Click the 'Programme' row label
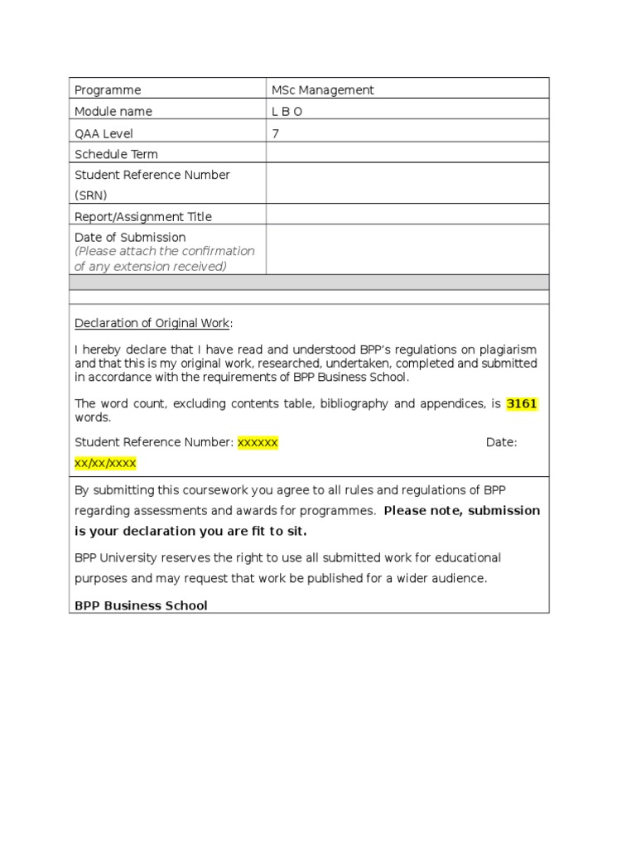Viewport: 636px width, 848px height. (108, 90)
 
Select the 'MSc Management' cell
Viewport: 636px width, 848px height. (323, 90)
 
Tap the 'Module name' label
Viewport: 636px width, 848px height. (113, 112)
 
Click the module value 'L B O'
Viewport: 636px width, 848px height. (287, 112)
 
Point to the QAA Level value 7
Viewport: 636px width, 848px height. (275, 133)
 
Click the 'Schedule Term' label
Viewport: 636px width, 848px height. (116, 154)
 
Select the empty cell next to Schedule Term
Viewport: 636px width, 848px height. (407, 153)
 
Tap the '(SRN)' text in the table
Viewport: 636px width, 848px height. (91, 195)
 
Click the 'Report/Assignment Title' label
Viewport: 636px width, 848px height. (143, 217)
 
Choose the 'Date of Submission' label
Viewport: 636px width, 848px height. (130, 238)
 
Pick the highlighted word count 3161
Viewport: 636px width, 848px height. (522, 404)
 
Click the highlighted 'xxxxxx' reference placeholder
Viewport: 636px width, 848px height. (258, 442)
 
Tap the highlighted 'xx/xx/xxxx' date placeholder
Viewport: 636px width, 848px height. (105, 463)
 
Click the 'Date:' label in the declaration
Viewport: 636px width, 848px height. (501, 442)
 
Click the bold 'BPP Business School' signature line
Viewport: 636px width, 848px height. (141, 605)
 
